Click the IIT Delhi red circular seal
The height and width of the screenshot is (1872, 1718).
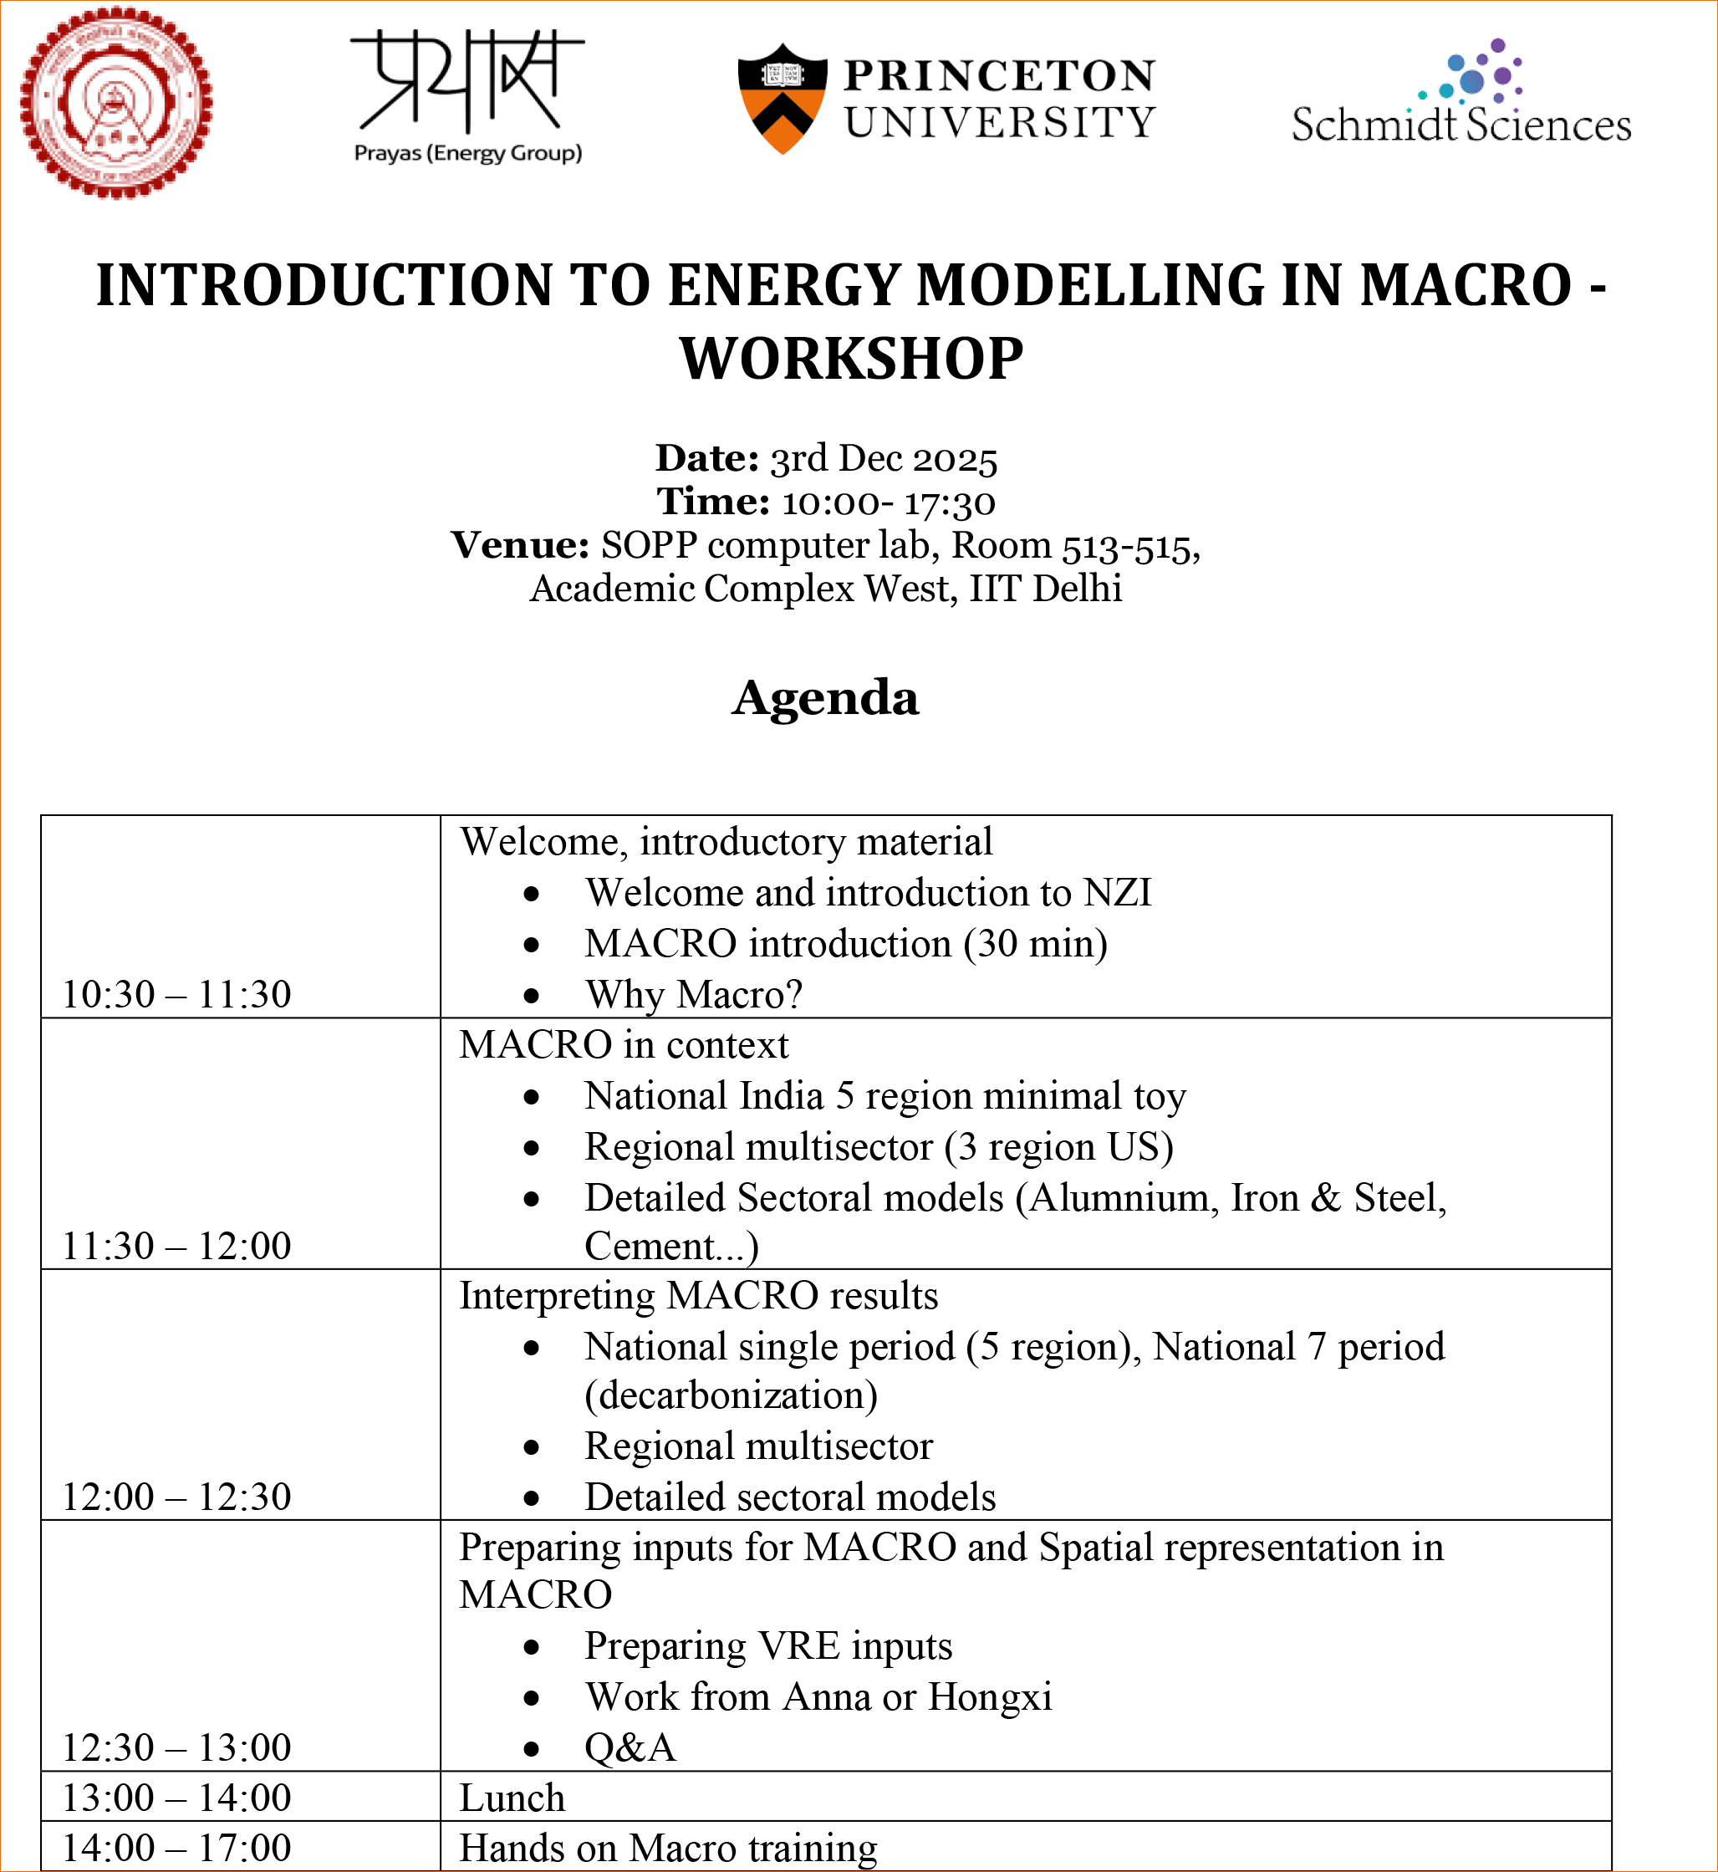pos(116,102)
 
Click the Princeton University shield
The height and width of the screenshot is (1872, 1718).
pos(782,99)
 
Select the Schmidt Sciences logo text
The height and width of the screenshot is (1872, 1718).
pos(1461,125)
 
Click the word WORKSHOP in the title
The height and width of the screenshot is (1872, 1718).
pos(852,359)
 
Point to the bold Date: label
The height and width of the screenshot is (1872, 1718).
pos(707,458)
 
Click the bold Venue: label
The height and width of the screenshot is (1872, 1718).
pos(520,544)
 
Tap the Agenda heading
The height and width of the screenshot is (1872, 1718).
pos(825,697)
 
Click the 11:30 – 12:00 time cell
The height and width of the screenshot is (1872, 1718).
pos(176,1246)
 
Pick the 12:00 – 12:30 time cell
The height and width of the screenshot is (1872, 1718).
pos(176,1497)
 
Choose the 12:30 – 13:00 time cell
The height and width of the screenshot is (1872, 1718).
pos(176,1747)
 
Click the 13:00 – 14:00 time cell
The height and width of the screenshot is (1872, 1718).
pos(176,1798)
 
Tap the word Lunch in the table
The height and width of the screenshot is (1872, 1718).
pos(512,1798)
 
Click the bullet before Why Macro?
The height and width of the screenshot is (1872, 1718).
pos(532,997)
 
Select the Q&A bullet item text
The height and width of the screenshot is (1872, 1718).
pos(630,1747)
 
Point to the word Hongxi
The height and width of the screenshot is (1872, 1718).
pos(990,1697)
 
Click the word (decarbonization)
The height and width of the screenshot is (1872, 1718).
pos(731,1395)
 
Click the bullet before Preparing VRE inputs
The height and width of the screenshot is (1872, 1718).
pos(532,1648)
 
